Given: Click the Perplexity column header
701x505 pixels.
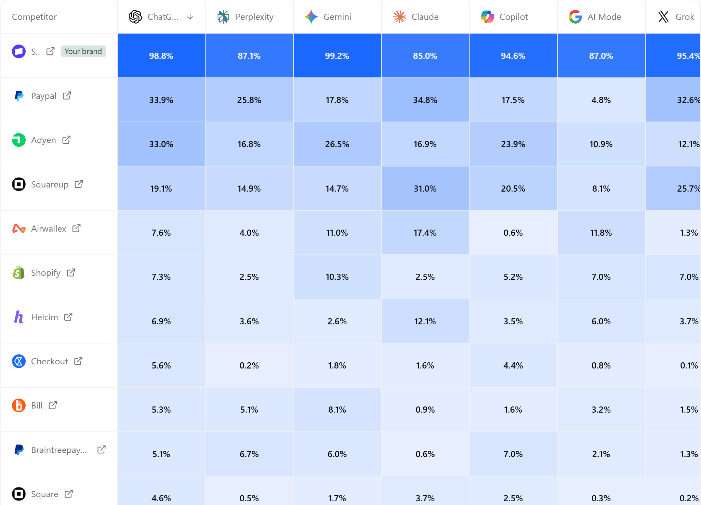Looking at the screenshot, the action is click(x=254, y=17).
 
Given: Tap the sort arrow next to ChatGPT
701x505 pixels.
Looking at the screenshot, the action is click(x=190, y=17).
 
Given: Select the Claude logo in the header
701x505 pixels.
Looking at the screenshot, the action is click(x=399, y=17).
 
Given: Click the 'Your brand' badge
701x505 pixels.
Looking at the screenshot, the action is click(x=83, y=51).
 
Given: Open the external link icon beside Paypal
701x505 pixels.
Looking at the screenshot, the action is click(x=67, y=95).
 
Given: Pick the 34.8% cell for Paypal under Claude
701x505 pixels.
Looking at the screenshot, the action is click(x=425, y=100).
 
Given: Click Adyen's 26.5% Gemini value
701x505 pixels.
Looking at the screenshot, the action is click(x=337, y=144).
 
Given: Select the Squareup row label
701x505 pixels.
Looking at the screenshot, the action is click(x=50, y=184).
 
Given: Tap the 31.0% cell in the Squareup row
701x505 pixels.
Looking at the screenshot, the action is click(x=425, y=189).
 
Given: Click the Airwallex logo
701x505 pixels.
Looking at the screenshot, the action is click(x=19, y=228).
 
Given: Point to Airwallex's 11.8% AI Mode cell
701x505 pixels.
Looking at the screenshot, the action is click(x=601, y=233).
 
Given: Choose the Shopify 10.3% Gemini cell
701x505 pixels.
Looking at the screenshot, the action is click(x=337, y=277).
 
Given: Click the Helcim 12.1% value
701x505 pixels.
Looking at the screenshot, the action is click(x=425, y=321).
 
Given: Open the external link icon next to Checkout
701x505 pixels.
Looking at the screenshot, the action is click(x=78, y=361).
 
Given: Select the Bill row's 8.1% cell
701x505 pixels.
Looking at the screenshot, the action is click(x=337, y=410).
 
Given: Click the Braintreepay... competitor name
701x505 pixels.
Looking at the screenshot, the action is click(x=59, y=450).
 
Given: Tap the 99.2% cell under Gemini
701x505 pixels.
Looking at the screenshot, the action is click(x=337, y=56).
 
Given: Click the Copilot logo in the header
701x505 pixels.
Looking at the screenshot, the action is click(x=487, y=17).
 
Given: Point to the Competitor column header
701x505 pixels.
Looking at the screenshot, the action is click(x=35, y=17).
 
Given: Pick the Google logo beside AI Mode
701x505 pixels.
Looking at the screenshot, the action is click(x=575, y=17).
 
